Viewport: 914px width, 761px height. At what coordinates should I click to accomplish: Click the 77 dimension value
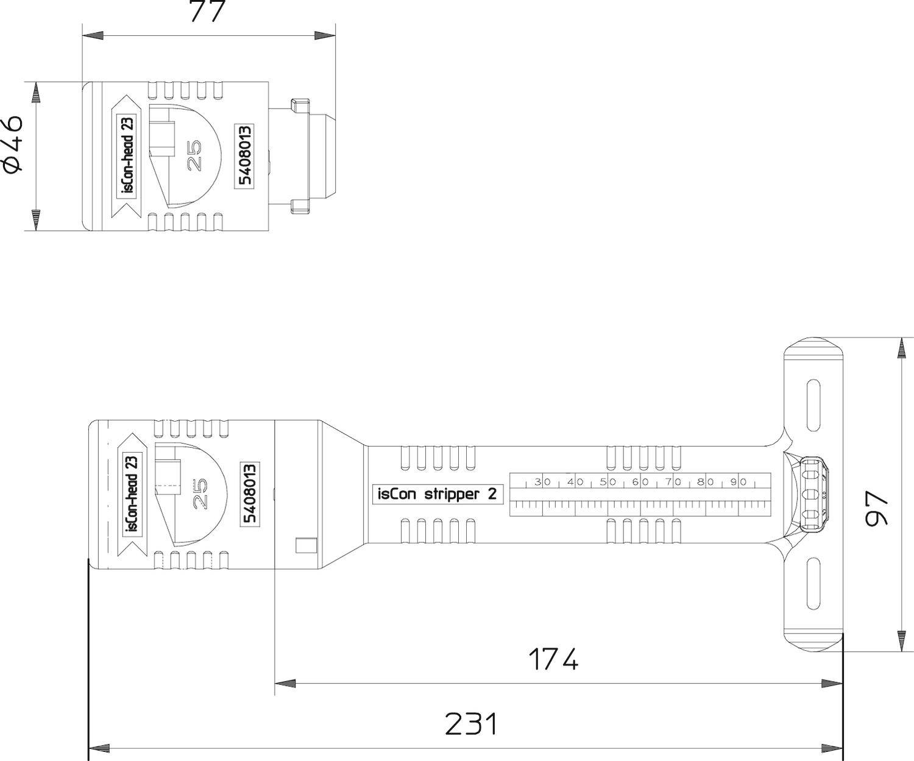tap(208, 12)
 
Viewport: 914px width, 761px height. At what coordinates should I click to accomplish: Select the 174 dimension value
tap(553, 659)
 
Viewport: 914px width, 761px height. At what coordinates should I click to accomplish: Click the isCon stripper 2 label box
tap(437, 494)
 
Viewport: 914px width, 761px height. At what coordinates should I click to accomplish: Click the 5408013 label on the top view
tap(244, 156)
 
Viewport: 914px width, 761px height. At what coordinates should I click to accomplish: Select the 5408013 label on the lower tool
tap(250, 494)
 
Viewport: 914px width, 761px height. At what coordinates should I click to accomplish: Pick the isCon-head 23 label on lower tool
tap(132, 494)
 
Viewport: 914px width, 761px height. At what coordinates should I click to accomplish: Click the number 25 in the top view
tap(194, 156)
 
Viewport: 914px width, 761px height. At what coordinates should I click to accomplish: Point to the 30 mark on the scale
tap(542, 482)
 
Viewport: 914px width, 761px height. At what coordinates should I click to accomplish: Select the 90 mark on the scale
tap(739, 482)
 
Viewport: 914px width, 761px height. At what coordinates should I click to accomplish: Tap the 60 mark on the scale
tap(640, 482)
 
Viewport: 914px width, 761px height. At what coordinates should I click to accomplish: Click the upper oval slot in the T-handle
tap(813, 406)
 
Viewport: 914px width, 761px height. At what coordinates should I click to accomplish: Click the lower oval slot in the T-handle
tap(813, 584)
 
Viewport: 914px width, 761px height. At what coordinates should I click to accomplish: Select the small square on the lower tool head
tap(306, 545)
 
